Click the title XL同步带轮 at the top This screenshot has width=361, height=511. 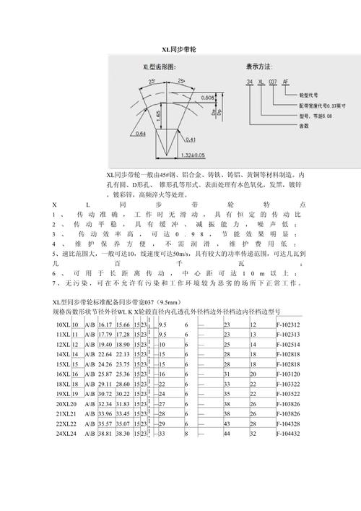tap(178, 49)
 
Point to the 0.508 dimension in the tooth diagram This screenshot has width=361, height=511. tap(208, 98)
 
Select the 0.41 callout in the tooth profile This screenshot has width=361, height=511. tap(191, 139)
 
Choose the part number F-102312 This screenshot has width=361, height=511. tap(288, 325)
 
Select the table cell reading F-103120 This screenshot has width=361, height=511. tap(288, 374)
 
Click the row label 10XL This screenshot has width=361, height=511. tap(62, 325)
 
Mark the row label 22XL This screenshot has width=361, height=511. tap(64, 423)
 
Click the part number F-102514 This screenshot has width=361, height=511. tap(288, 345)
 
